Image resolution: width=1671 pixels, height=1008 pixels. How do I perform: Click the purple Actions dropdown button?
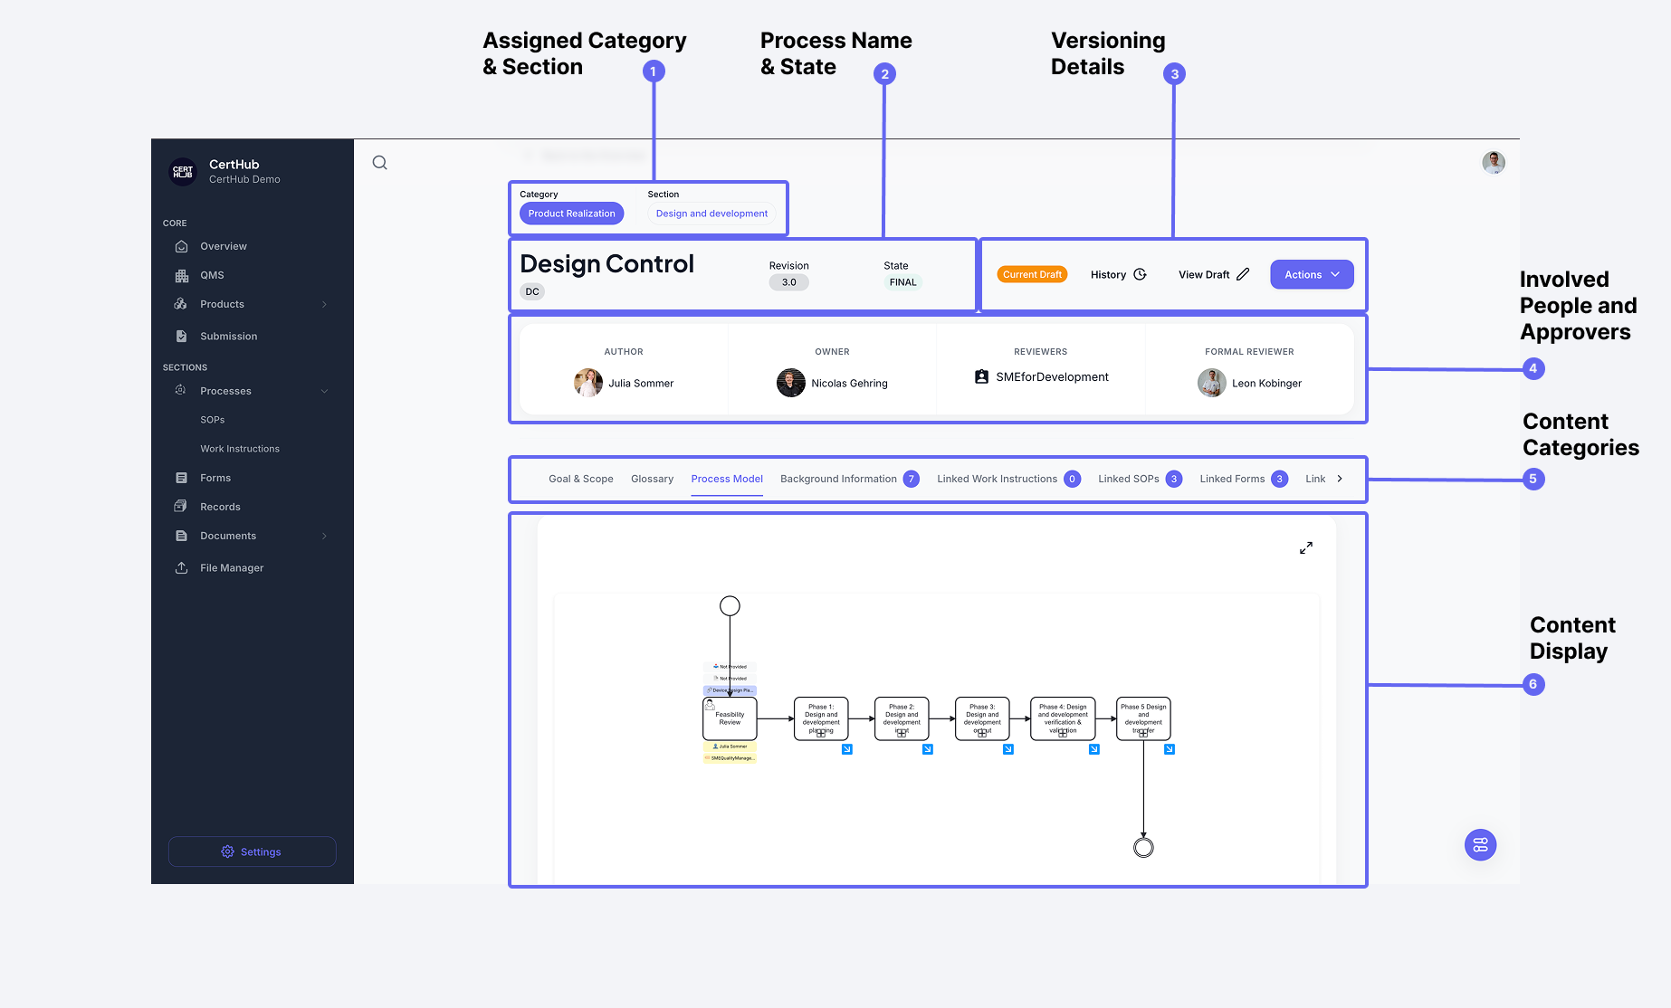(1311, 275)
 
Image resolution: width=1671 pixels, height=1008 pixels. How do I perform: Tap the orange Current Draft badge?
(1032, 275)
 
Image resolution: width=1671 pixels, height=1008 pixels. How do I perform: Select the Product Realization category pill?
(571, 214)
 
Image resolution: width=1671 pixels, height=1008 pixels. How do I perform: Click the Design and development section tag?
(711, 214)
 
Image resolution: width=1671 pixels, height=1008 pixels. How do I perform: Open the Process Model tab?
(727, 479)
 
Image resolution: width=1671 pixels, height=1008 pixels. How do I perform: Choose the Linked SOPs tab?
(1129, 479)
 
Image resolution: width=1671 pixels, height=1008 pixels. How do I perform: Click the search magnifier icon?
(380, 163)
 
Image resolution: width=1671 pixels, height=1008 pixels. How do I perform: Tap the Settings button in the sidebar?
(252, 851)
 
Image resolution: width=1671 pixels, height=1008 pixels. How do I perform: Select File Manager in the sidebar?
(232, 568)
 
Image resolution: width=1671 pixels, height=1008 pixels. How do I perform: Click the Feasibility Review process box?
(730, 718)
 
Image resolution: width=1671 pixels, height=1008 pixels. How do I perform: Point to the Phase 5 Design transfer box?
(1143, 718)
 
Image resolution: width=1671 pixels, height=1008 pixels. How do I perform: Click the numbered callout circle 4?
(1533, 369)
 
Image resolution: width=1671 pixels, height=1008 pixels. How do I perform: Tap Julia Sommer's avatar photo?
(588, 383)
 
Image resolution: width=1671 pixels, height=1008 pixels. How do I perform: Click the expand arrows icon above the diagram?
(1306, 548)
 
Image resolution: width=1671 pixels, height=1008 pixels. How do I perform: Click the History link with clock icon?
(1118, 275)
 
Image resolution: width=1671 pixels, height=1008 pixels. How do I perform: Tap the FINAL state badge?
(902, 282)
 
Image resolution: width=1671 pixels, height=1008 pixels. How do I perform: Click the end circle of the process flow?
(1143, 848)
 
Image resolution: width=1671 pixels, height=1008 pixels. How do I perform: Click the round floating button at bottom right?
(1480, 845)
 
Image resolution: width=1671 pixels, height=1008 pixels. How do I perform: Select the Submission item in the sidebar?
(228, 337)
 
